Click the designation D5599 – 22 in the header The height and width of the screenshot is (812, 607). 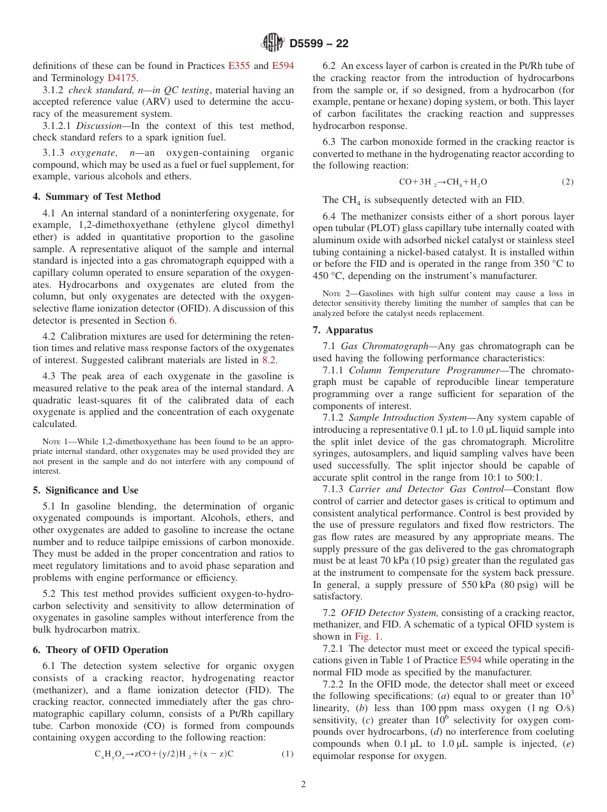319,44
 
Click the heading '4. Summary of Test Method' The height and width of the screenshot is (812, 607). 96,197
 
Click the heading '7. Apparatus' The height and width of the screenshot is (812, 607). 342,330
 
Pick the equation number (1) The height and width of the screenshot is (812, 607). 288,754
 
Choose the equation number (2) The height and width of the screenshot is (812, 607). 567,182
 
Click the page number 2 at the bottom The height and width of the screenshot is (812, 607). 303,785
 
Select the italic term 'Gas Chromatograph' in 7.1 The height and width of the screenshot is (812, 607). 385,346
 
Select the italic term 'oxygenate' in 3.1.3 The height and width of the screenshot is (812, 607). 94,153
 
